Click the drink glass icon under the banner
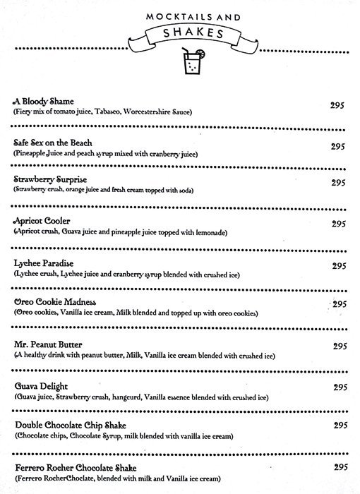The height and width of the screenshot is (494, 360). pyautogui.click(x=192, y=64)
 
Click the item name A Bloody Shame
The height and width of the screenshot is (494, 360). pyautogui.click(x=43, y=102)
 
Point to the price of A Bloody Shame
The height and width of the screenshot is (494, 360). pyautogui.click(x=337, y=104)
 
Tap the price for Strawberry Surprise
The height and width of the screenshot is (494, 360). pyautogui.click(x=337, y=182)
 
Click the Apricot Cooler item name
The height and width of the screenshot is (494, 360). pyautogui.click(x=42, y=221)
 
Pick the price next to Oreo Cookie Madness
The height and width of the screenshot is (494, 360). pyautogui.click(x=337, y=304)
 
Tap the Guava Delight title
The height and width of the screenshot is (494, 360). pyautogui.click(x=40, y=387)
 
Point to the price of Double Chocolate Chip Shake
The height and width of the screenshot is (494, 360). pyautogui.click(x=337, y=425)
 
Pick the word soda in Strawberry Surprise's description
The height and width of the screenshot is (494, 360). pyautogui.click(x=184, y=191)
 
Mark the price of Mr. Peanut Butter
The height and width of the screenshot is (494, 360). pyautogui.click(x=337, y=346)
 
